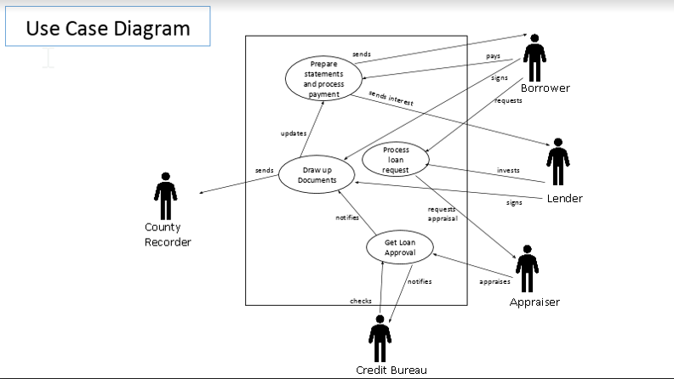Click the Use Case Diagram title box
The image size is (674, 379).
(x=107, y=27)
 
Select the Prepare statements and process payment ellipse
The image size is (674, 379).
(x=323, y=79)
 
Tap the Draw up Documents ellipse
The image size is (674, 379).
(x=311, y=174)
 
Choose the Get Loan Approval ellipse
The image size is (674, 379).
(x=399, y=247)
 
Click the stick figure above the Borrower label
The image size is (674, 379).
(x=534, y=58)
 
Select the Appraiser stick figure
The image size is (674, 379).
(x=527, y=269)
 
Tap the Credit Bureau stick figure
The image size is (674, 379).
(x=380, y=337)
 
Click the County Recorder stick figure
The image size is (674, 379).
(x=166, y=196)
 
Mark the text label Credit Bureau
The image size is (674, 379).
(x=391, y=370)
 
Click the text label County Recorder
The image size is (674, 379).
(x=168, y=235)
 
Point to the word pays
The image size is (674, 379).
(x=493, y=56)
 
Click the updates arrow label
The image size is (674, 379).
(x=294, y=133)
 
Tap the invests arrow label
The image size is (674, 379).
(x=508, y=171)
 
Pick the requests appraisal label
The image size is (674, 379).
(x=443, y=213)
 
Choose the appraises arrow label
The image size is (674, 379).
(x=494, y=280)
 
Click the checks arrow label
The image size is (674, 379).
(x=361, y=301)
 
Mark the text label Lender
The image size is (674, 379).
(x=564, y=198)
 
